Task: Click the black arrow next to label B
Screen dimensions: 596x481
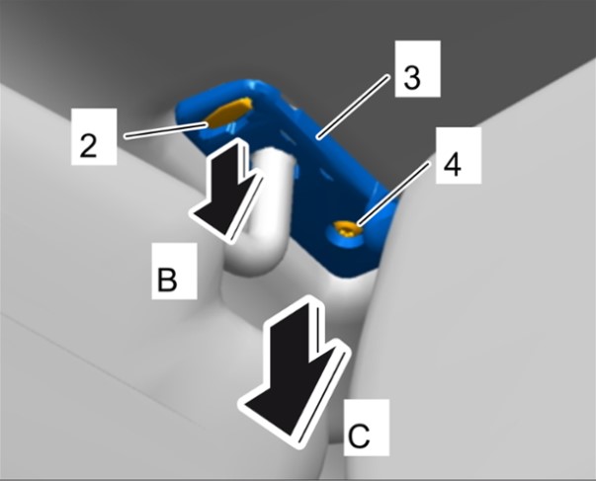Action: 226,189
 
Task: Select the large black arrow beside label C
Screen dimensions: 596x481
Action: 294,370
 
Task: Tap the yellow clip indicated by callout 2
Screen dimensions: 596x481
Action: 228,112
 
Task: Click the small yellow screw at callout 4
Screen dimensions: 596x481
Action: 347,229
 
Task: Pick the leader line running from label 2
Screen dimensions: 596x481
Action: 166,130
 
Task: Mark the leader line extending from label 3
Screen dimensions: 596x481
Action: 354,106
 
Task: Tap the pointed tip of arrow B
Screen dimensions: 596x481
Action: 229,240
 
